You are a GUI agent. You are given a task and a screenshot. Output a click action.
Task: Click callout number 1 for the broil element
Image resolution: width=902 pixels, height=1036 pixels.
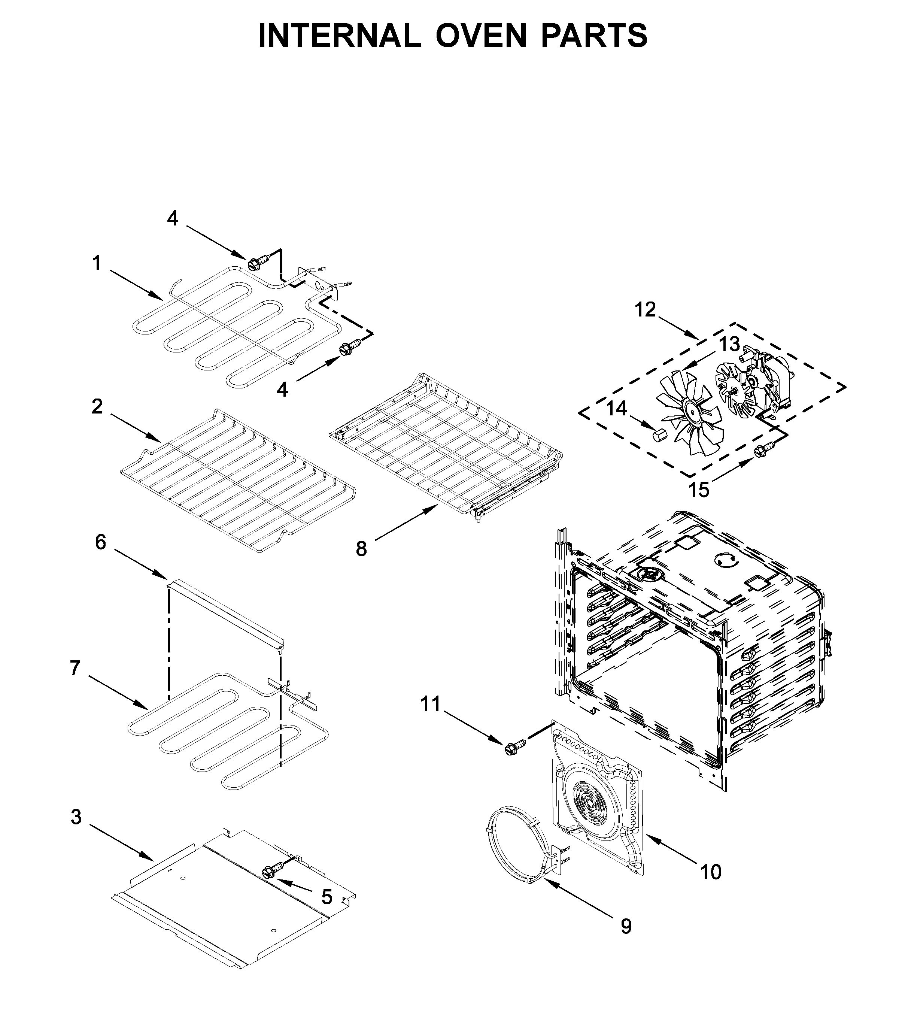click(x=96, y=263)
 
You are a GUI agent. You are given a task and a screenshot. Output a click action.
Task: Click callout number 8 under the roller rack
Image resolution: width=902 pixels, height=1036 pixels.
click(x=361, y=549)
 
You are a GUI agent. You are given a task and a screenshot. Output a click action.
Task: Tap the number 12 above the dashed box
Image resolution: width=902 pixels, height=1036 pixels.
click(x=645, y=310)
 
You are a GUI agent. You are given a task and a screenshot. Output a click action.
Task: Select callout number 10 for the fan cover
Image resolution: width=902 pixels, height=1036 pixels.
click(x=711, y=872)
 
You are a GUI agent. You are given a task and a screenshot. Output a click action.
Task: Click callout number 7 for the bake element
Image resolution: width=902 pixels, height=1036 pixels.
click(x=75, y=669)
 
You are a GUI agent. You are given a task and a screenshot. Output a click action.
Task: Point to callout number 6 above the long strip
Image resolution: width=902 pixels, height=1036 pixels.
click(x=101, y=542)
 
